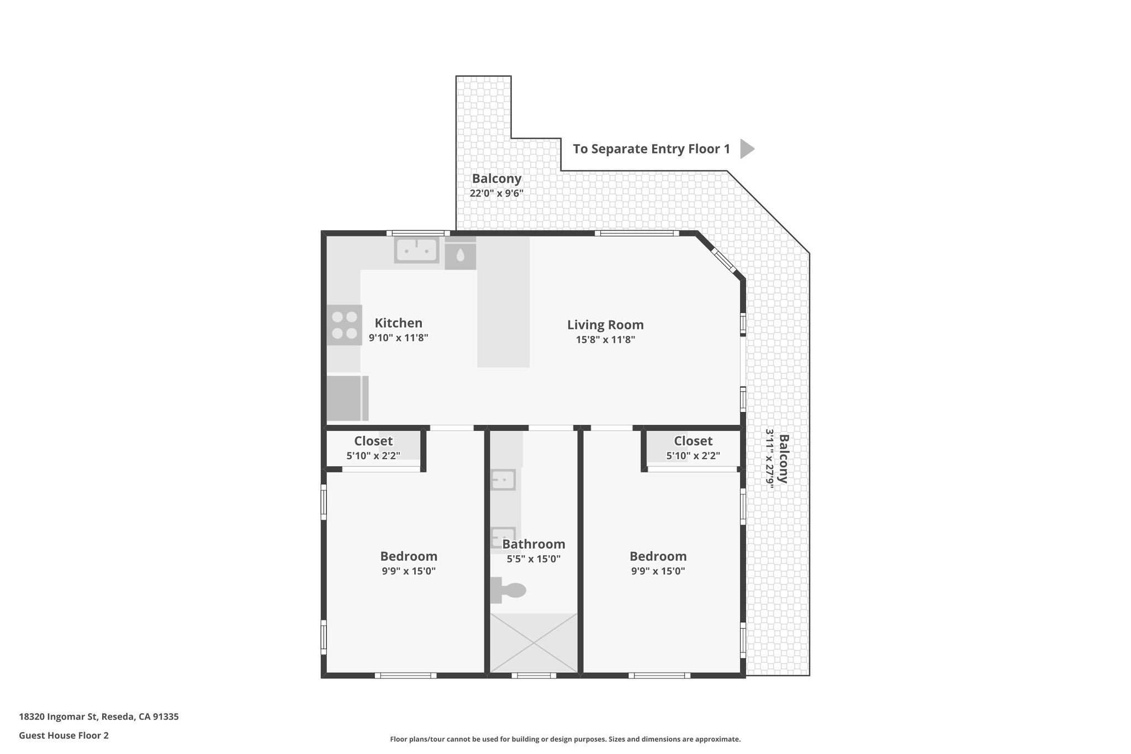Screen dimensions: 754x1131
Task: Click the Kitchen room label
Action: click(x=398, y=323)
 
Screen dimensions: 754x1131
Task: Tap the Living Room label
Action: click(x=605, y=325)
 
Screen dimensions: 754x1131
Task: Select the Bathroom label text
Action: click(x=533, y=544)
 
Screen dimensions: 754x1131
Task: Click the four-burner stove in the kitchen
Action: click(x=344, y=325)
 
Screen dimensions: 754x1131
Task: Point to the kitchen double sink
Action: click(x=416, y=250)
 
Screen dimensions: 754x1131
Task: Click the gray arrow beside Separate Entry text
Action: click(x=746, y=149)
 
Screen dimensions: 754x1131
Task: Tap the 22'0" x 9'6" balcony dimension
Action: click(x=496, y=193)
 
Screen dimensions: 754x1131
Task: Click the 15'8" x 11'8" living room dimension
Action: click(x=605, y=340)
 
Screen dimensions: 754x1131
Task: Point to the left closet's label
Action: click(x=373, y=441)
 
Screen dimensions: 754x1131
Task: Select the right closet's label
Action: click(x=693, y=441)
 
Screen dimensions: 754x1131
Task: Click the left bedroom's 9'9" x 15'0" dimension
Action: click(x=409, y=571)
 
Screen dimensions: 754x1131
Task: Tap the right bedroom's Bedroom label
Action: click(x=658, y=556)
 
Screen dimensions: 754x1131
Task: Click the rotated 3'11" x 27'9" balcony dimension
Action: click(x=769, y=458)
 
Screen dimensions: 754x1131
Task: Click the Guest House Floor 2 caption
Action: click(x=64, y=735)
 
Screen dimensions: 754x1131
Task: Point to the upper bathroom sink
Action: click(x=503, y=479)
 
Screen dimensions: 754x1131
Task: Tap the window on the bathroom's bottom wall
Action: click(x=533, y=675)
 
